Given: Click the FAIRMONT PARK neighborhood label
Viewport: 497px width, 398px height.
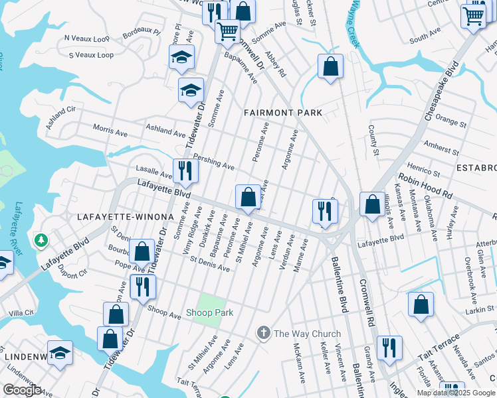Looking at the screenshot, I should (x=283, y=113).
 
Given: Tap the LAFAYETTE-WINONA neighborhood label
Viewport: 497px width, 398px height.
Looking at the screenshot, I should (x=125, y=217).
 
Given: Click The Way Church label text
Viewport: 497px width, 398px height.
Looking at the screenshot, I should (x=307, y=334).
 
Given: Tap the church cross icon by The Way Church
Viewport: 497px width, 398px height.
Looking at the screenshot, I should (x=264, y=333).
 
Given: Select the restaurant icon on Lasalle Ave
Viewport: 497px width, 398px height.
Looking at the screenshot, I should (x=185, y=171).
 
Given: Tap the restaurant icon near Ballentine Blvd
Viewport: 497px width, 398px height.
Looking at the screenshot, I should (x=325, y=211).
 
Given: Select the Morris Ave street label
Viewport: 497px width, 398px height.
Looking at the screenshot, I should (x=110, y=129).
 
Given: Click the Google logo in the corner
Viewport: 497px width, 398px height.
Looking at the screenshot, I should (x=23, y=390).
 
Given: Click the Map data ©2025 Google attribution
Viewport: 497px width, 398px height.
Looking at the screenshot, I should (x=456, y=393).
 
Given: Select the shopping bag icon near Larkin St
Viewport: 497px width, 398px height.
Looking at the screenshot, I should (x=421, y=305).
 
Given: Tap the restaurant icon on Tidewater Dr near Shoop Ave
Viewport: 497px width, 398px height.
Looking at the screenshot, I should (x=143, y=287).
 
